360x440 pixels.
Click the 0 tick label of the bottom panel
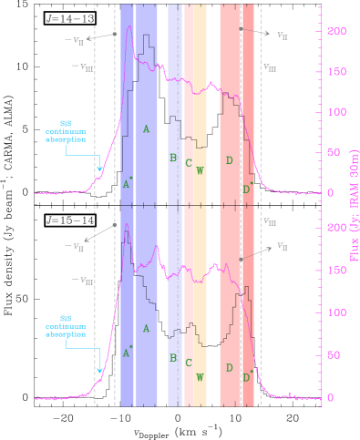point(332,398)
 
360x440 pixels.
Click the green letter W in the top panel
point(200,170)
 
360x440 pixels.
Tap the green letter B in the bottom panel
point(172,359)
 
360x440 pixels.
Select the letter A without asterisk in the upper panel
point(146,129)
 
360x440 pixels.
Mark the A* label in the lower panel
point(129,349)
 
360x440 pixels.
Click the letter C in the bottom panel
point(189,363)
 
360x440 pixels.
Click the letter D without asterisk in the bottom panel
point(229,367)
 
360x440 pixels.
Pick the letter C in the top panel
point(189,163)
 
